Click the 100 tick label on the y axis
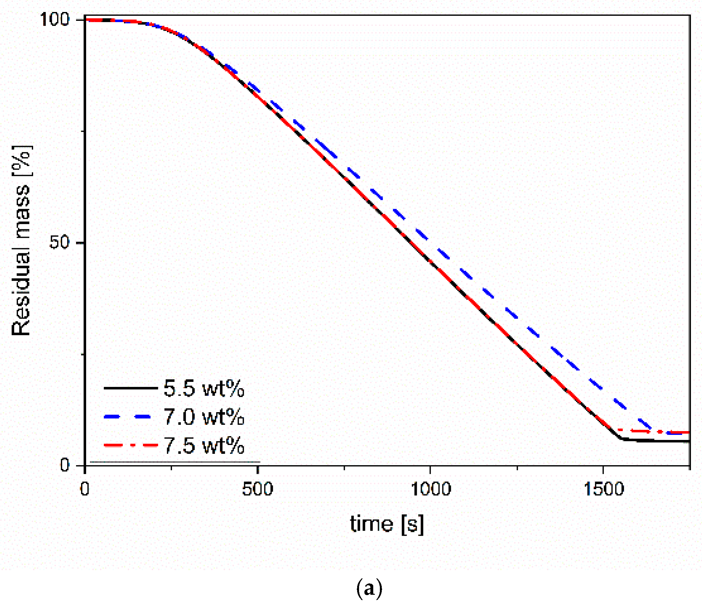54,19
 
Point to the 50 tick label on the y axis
59,242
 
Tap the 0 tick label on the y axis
64,465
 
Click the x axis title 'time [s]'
387,524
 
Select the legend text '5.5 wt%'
204,388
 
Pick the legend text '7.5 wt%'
204,446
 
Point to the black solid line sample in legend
131,388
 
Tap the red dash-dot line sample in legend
131,445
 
